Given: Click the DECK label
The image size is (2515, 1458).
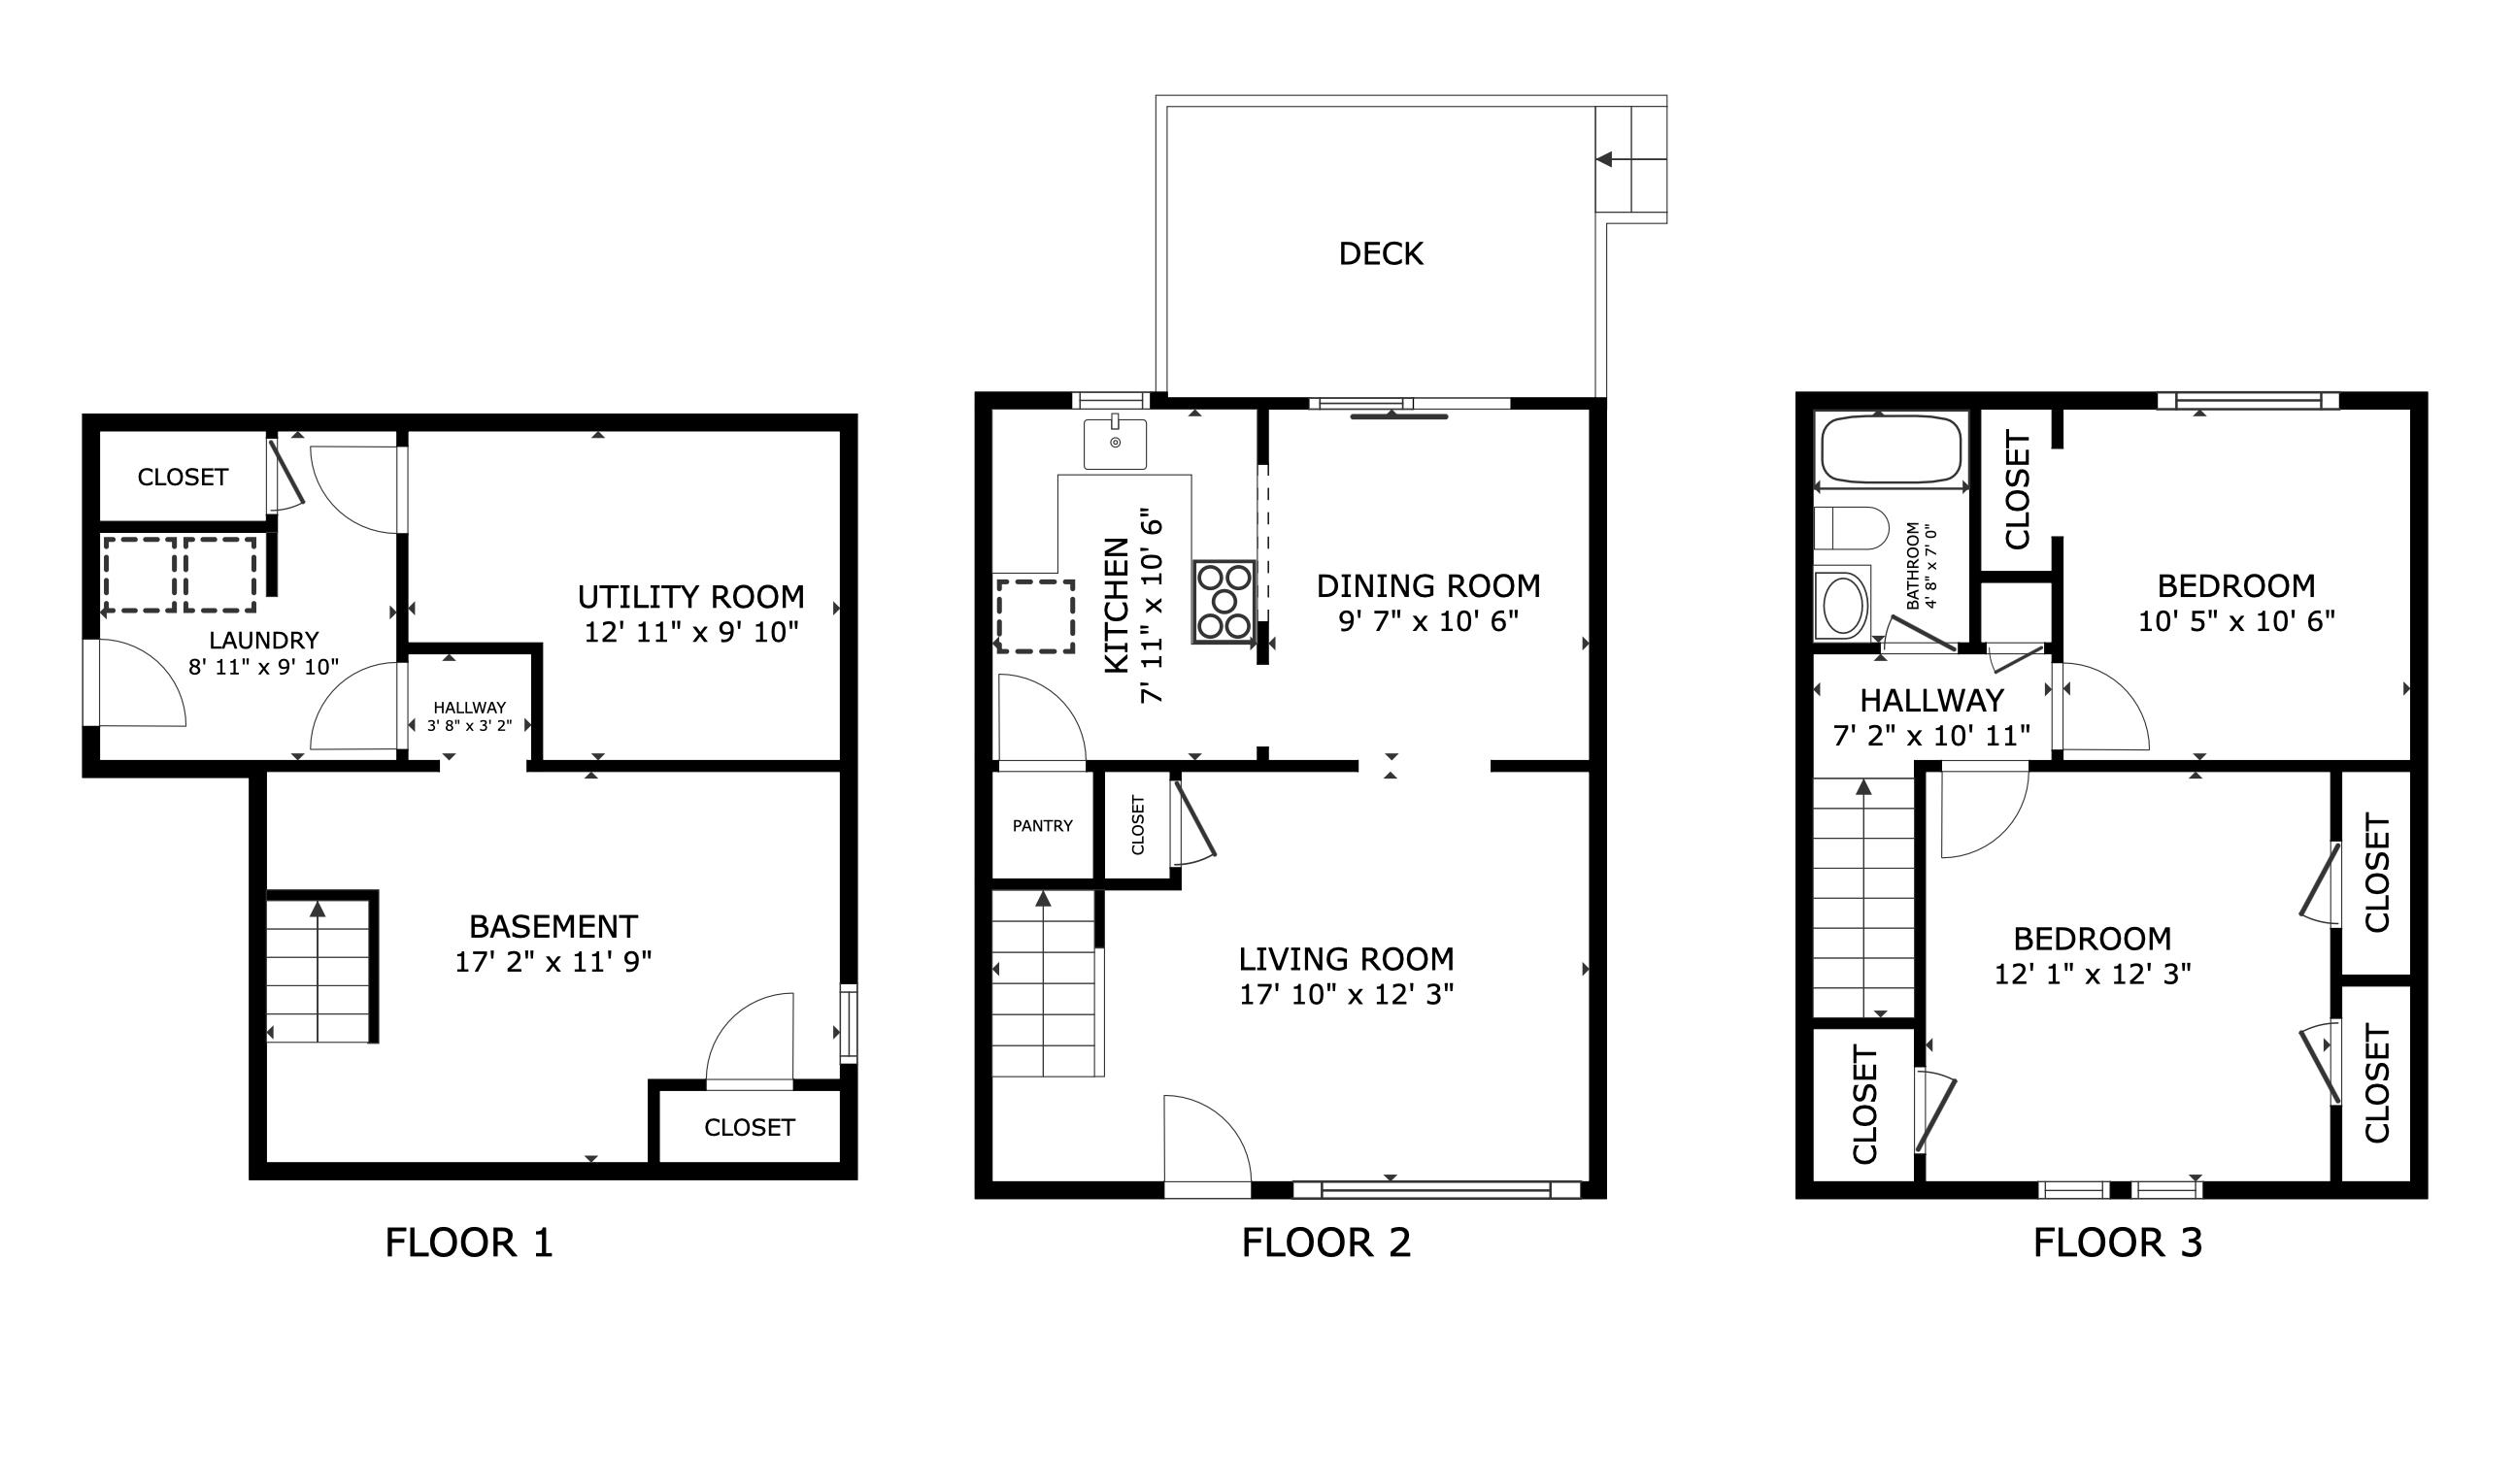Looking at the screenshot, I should pos(1380,253).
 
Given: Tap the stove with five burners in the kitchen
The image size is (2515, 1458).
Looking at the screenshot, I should pos(1224,602).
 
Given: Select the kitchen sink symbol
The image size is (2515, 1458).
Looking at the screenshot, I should pos(1115,442).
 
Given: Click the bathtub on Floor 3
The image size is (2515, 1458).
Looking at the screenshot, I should pos(1891,449).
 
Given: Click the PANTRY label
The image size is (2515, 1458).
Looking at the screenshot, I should pos(1042,825).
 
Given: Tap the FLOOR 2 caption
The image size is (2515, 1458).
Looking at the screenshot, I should pos(1325,1243).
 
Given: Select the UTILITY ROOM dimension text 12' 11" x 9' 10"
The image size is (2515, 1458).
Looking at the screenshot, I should pos(690,632).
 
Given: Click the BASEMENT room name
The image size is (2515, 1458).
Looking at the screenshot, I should pos(553,926).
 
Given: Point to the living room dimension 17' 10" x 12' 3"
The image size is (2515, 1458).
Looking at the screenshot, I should pos(1345,994).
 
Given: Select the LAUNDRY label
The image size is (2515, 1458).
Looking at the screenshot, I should pos(263,640).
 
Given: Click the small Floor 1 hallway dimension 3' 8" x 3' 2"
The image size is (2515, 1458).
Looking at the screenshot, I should pos(469,725).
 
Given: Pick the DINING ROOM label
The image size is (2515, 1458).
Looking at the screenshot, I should pos(1428,585).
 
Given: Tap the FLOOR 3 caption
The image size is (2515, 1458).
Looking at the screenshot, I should pos(2117,1243).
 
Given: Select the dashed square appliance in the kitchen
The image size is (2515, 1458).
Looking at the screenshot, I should pos(1035,615).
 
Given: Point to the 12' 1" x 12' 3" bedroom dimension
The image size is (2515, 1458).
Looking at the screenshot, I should pos(2092,974).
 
